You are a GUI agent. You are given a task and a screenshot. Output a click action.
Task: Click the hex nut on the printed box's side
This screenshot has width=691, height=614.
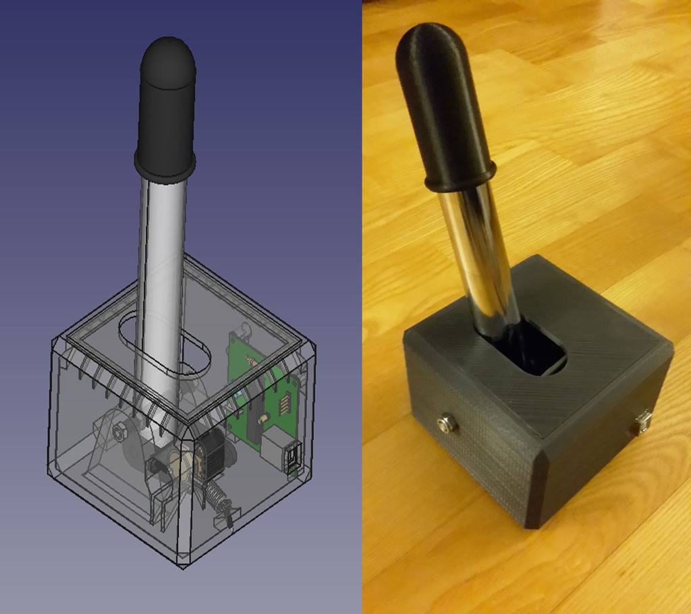point(445,424)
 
